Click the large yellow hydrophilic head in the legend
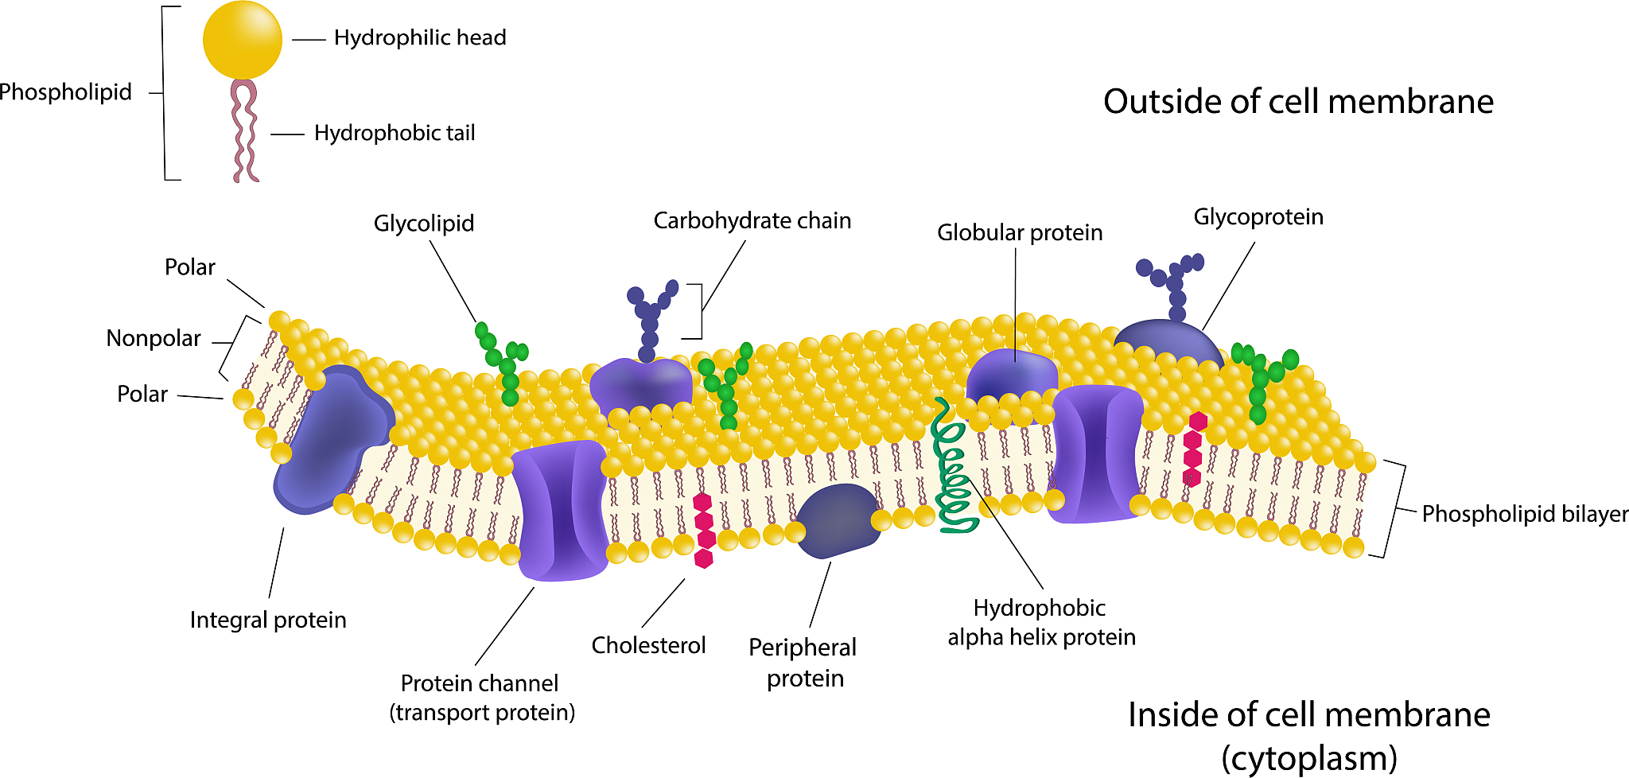[x=243, y=40]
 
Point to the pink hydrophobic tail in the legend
[x=244, y=131]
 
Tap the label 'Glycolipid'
[x=424, y=224]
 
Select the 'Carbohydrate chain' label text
[x=752, y=220]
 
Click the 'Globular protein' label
[x=1019, y=232]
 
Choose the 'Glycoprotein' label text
[x=1258, y=216]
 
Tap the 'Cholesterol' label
[x=648, y=645]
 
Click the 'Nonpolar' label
[x=154, y=338]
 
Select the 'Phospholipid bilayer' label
[x=1524, y=514]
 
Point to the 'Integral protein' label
[x=268, y=620]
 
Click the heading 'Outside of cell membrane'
[x=1298, y=102]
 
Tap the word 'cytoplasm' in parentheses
[x=1309, y=757]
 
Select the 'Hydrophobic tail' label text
[x=395, y=133]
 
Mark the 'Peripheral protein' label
[x=803, y=662]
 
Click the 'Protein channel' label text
[x=480, y=683]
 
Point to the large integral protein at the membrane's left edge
[x=330, y=442]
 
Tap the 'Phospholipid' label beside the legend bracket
[x=65, y=92]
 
